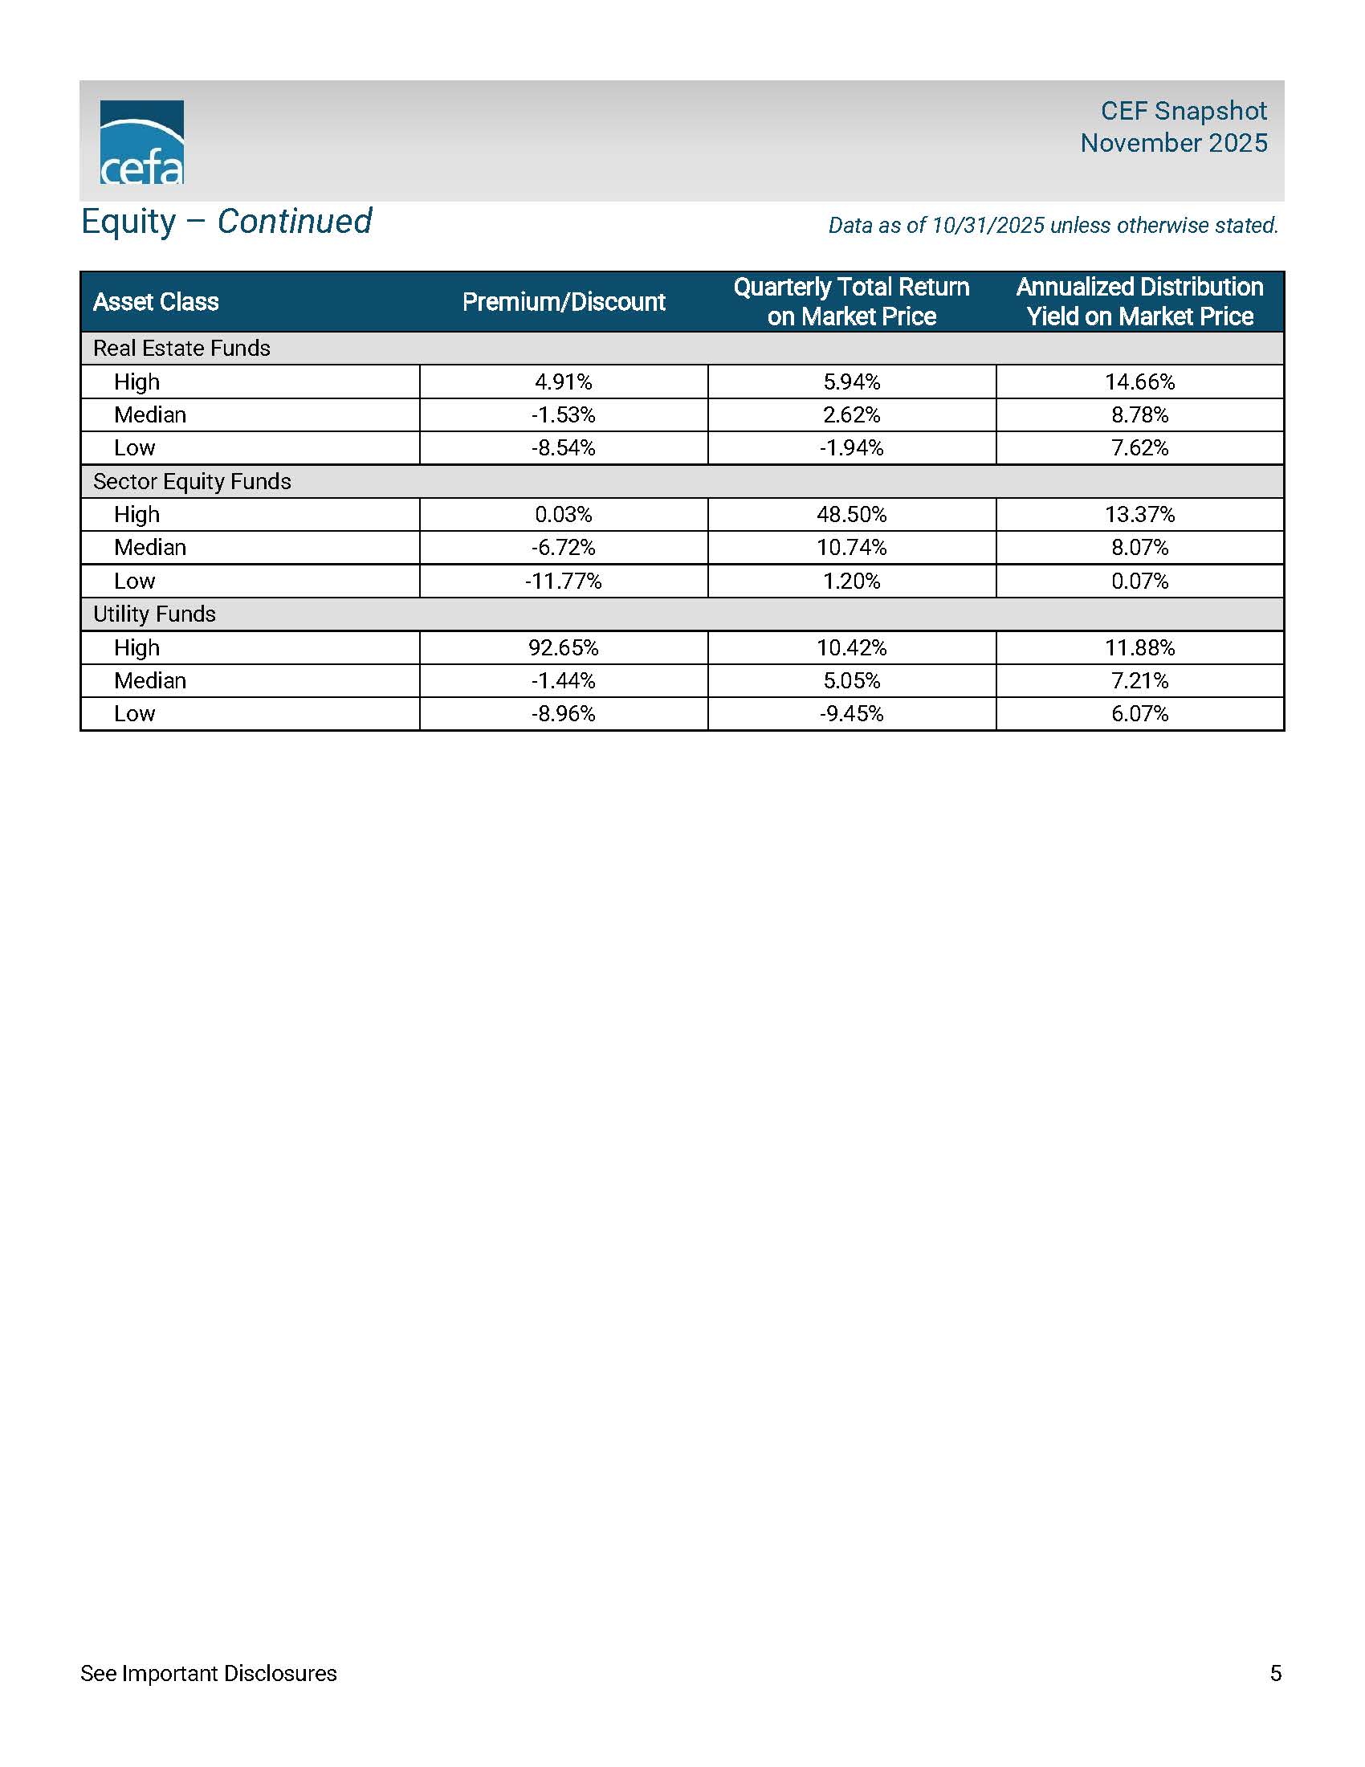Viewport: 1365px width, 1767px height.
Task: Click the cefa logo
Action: click(x=141, y=142)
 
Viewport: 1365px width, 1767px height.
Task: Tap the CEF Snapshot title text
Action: click(x=1183, y=111)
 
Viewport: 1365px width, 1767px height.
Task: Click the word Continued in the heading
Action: click(x=295, y=222)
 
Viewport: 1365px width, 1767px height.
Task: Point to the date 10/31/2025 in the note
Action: click(x=988, y=226)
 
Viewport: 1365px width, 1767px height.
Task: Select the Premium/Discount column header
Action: click(x=564, y=302)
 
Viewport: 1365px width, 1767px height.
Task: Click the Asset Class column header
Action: click(x=156, y=302)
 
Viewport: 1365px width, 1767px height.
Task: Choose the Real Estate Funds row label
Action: click(x=182, y=349)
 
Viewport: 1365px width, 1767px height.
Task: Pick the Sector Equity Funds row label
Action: click(x=192, y=481)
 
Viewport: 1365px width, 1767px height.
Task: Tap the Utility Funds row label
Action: click(x=154, y=614)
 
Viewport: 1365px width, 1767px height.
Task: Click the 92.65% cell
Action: click(x=564, y=647)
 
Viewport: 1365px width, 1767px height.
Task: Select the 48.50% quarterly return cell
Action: click(x=851, y=515)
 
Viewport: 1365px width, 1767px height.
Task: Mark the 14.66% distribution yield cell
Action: click(x=1139, y=382)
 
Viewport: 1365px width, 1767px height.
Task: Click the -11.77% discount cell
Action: click(x=564, y=581)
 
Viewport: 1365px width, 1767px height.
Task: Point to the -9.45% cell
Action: click(x=851, y=713)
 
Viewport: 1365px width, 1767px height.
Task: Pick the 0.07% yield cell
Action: click(x=1139, y=581)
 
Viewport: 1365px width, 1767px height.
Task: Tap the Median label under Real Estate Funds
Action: click(x=150, y=415)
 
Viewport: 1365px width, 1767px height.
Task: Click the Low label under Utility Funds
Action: click(x=134, y=713)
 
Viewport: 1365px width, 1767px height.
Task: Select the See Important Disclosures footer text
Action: click(x=209, y=1673)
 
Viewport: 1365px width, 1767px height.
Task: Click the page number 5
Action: click(x=1275, y=1673)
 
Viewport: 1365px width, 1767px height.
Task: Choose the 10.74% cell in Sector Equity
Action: click(x=851, y=548)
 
